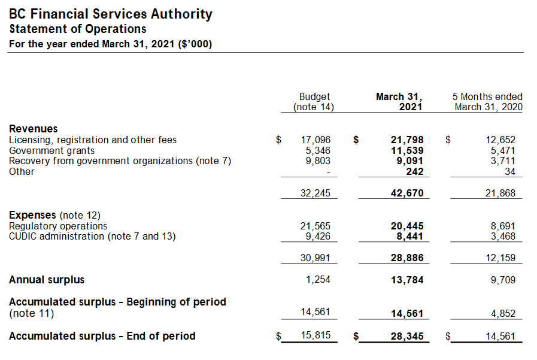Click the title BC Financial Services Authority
(x=111, y=14)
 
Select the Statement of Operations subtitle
(x=78, y=29)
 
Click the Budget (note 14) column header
(x=314, y=102)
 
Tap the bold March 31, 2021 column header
(x=399, y=102)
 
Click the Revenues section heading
(x=33, y=129)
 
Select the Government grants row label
(x=51, y=151)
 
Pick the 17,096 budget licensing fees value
(x=315, y=140)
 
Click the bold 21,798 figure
(x=407, y=140)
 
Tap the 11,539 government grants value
(x=407, y=151)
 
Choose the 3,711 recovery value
(x=503, y=161)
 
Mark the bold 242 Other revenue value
(x=415, y=171)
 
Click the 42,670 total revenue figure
(x=407, y=193)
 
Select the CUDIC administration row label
(x=92, y=237)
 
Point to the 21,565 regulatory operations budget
(x=315, y=226)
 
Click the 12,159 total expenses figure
(x=500, y=258)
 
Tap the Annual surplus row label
(x=47, y=280)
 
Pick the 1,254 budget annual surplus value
(x=318, y=280)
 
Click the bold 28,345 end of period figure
(x=407, y=337)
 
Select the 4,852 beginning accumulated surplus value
(x=503, y=314)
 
